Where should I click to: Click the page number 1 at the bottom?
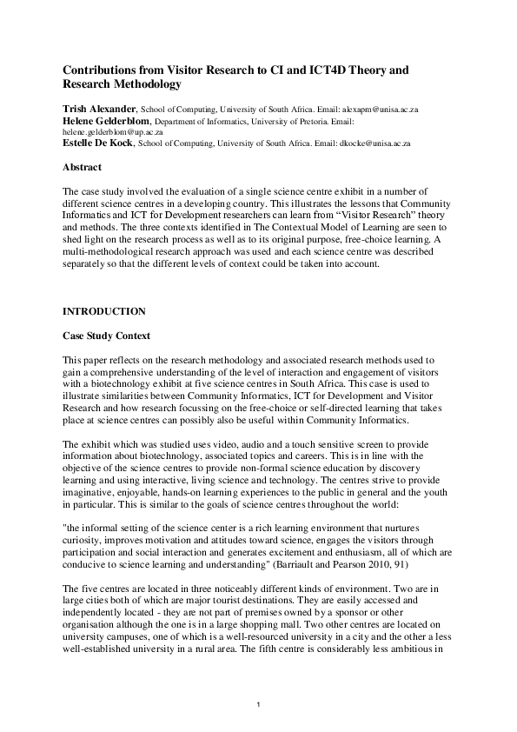258,702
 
